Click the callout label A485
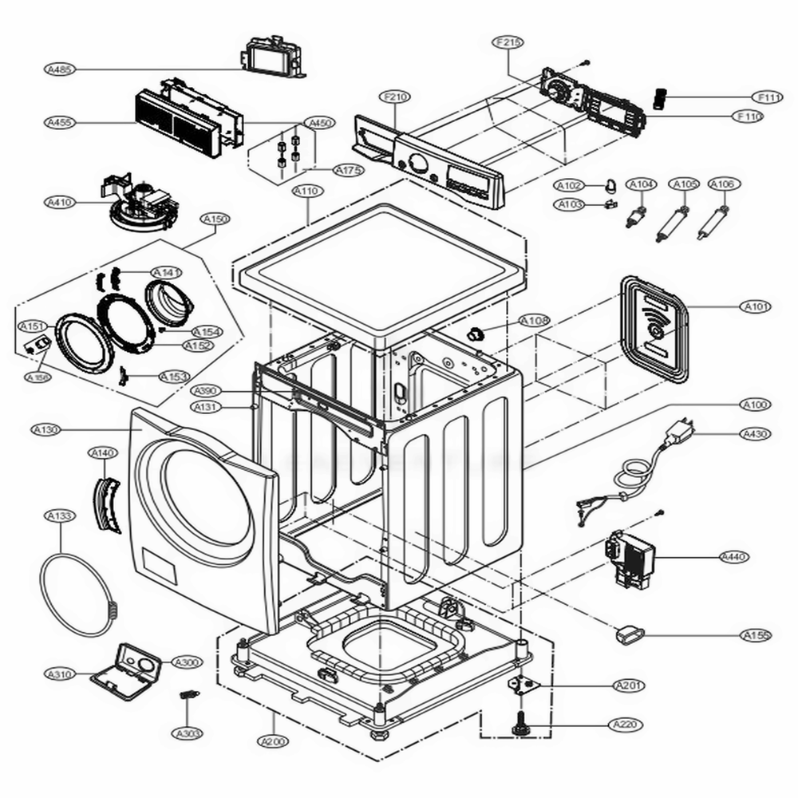[58, 70]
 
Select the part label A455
[58, 123]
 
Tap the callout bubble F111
[748, 97]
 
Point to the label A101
[756, 306]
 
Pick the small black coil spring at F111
[660, 98]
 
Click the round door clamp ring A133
[77, 594]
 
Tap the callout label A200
[272, 742]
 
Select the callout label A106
[722, 184]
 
